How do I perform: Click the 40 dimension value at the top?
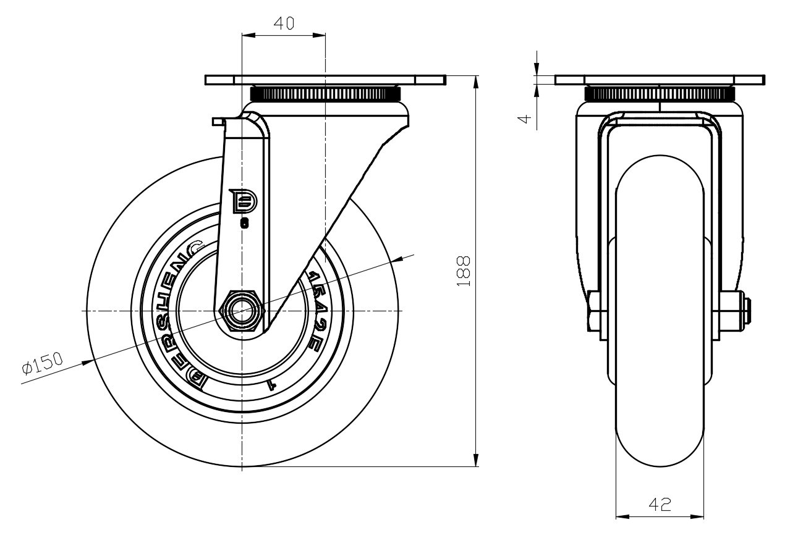pyautogui.click(x=284, y=24)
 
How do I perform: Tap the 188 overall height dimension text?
pyautogui.click(x=464, y=271)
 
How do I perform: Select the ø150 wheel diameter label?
pyautogui.click(x=42, y=366)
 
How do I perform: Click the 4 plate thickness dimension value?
pyautogui.click(x=525, y=117)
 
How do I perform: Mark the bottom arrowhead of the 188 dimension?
pyautogui.click(x=476, y=460)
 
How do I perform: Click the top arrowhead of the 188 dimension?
pyautogui.click(x=476, y=82)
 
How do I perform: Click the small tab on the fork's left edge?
pyautogui.click(x=218, y=121)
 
